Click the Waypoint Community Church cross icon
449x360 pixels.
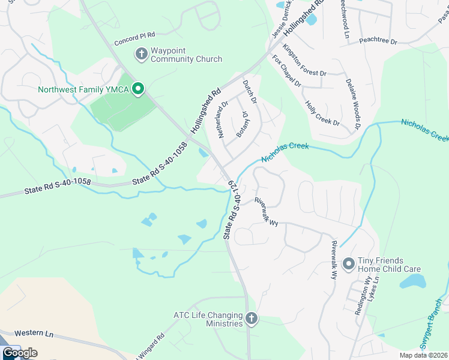click(x=142, y=55)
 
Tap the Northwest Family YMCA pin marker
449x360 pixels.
click(x=137, y=90)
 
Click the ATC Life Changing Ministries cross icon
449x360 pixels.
click(x=252, y=319)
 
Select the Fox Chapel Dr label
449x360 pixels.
click(x=286, y=71)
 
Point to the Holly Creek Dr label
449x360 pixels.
click(x=322, y=113)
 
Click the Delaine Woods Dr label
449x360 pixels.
click(x=353, y=104)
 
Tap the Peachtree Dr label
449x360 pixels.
click(x=378, y=41)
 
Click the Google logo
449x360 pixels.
click(x=19, y=353)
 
